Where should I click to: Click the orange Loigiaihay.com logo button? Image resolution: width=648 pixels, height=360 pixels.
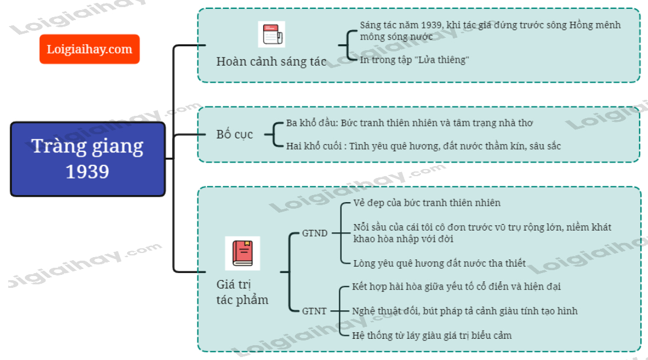89,49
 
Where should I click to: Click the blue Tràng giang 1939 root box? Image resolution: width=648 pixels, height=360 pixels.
88,158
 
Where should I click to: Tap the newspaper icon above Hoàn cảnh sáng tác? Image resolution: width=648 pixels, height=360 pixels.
271,35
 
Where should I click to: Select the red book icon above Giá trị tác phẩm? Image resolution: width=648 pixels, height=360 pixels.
242,253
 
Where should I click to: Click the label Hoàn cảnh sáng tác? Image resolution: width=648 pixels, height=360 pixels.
271,61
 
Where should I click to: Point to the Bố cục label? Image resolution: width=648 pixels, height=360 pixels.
234,134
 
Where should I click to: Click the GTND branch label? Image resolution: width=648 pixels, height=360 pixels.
315,233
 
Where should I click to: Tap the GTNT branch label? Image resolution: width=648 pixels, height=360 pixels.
315,311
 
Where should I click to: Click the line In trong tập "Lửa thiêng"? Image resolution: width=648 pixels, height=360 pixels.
414,60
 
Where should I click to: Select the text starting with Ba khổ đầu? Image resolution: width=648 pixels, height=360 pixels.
409,123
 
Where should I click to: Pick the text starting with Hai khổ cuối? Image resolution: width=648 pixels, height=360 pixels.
423,146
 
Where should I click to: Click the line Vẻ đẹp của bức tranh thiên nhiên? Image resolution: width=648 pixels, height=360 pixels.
427,203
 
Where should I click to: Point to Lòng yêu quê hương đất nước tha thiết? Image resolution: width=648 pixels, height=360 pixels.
439,263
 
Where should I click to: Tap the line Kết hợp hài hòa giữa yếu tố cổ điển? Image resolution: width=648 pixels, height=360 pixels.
456,287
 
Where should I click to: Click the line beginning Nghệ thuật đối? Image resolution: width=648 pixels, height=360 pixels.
465,311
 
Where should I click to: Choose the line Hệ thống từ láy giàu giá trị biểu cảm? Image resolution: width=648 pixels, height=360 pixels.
432,335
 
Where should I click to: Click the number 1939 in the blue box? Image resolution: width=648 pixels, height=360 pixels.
88,171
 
